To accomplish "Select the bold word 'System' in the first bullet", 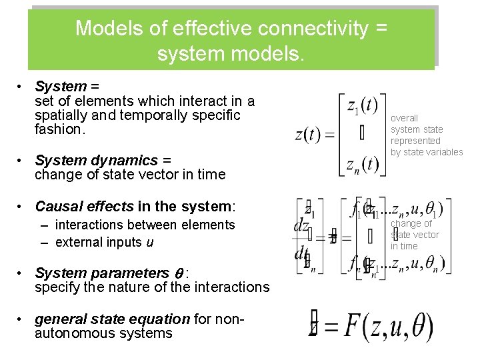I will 61,86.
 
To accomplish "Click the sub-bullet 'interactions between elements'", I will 145,225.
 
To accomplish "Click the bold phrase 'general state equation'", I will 113,319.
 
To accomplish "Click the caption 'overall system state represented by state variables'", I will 426,135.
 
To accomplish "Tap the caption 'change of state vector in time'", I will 415,235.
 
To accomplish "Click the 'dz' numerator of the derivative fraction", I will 301,226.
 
